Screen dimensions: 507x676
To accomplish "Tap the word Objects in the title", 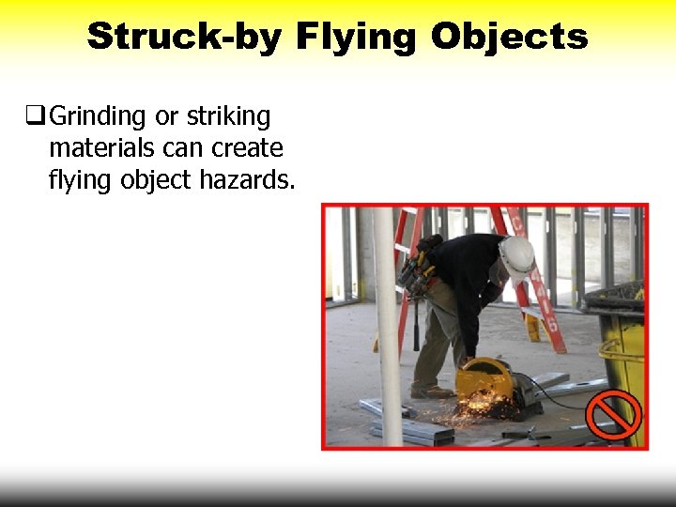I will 510,38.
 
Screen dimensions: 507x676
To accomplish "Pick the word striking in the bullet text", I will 227,117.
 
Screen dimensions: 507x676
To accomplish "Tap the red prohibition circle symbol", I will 613,413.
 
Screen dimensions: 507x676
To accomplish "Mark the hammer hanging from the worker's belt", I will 415,324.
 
